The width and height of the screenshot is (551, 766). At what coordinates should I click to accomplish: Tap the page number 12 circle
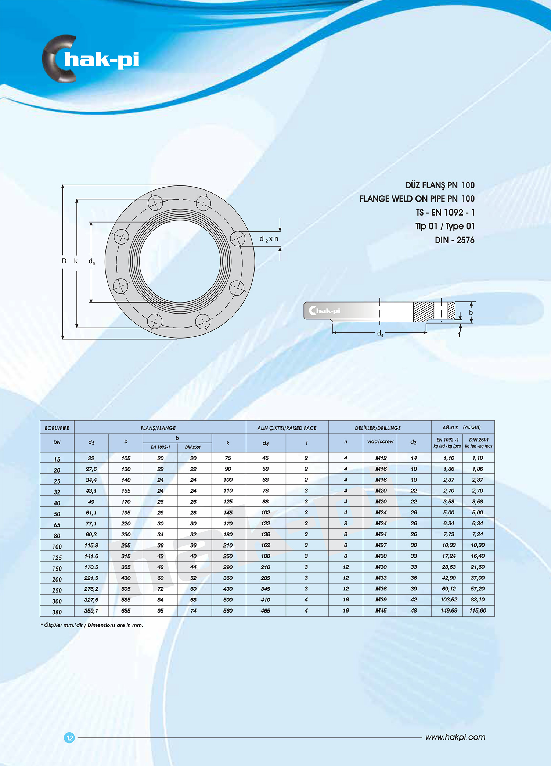point(69,737)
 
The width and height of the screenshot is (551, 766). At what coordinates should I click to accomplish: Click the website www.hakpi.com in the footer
point(455,737)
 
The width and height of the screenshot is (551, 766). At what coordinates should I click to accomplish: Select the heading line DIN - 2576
point(454,240)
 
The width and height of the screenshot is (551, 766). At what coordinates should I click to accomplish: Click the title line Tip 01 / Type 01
point(445,226)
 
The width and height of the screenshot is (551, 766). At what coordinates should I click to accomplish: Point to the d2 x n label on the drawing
point(269,239)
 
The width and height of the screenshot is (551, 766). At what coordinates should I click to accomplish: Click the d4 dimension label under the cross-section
point(380,333)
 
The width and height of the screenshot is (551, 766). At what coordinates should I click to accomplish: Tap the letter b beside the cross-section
point(471,312)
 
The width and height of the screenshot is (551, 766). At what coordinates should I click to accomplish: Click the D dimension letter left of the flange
point(64,261)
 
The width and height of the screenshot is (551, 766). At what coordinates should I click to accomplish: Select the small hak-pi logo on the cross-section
point(325,311)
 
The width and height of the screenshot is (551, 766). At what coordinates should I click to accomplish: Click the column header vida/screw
point(380,442)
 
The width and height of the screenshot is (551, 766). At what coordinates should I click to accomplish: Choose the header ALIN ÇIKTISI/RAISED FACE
point(287,428)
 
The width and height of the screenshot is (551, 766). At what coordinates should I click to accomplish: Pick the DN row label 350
point(57,612)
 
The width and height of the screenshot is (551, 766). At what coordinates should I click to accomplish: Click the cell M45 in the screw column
point(381,611)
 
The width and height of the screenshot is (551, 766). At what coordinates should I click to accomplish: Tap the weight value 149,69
point(449,611)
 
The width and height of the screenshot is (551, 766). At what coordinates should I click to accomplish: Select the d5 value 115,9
point(91,545)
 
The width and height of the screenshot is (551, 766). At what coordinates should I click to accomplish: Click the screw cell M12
point(381,458)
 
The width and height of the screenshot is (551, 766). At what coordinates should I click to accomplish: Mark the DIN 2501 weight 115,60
point(478,611)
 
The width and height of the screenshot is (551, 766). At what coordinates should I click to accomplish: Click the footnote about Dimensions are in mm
point(92,625)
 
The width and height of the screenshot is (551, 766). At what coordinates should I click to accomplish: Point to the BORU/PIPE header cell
point(57,428)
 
